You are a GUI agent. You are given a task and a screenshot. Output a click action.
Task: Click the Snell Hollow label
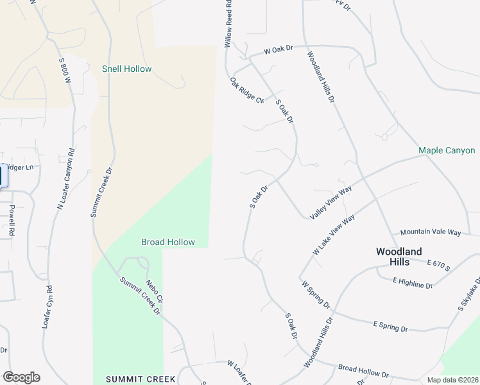127,69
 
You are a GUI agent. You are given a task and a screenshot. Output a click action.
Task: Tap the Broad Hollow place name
167,242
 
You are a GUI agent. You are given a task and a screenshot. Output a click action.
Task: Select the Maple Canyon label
447,151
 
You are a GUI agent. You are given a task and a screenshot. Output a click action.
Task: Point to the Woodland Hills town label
399,256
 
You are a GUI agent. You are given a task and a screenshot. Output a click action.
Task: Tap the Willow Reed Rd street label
227,24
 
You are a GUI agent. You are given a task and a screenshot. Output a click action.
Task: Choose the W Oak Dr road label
278,49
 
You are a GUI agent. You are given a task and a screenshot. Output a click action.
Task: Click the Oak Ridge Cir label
247,90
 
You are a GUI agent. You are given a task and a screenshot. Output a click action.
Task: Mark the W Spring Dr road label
315,293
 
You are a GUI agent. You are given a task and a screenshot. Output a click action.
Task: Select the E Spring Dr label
390,326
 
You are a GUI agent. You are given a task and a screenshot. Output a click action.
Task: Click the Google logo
21,377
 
